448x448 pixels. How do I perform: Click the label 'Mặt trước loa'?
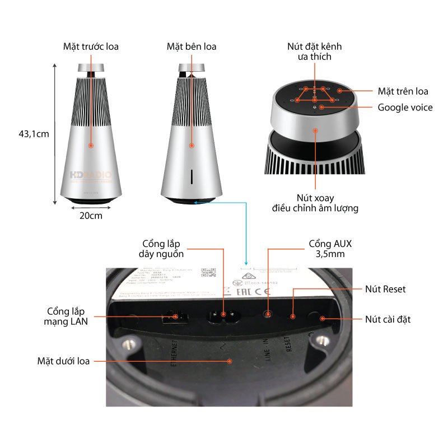[91, 46]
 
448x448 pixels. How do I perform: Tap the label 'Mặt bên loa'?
[191, 46]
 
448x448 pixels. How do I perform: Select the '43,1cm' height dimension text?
[34, 134]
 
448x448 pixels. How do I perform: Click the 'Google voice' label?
[405, 107]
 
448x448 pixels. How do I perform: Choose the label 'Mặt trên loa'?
[403, 91]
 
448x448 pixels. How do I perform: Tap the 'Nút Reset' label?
[385, 289]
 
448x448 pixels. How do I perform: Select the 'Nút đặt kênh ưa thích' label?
[314, 51]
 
